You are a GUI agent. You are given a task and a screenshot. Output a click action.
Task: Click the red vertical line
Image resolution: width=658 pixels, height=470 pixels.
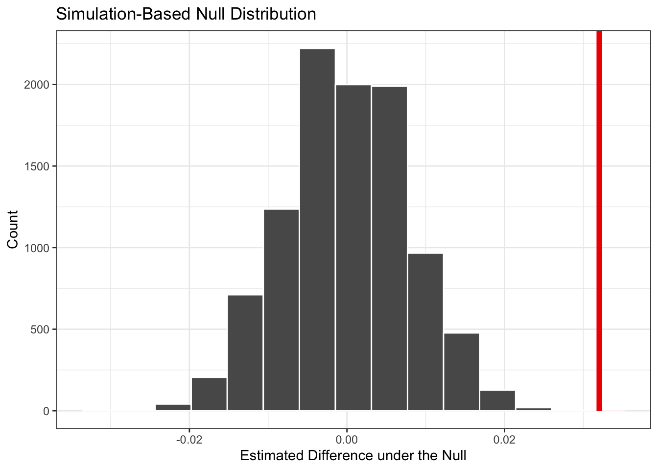(x=599, y=220)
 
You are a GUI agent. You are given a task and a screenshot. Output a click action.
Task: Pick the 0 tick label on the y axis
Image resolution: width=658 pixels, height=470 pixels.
(x=47, y=411)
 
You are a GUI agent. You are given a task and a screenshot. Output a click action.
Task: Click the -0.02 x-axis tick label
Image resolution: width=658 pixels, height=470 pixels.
(x=189, y=439)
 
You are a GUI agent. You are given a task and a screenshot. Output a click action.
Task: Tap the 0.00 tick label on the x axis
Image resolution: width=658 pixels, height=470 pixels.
(x=347, y=439)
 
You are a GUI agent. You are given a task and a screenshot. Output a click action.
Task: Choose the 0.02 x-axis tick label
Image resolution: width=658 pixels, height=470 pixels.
(x=504, y=439)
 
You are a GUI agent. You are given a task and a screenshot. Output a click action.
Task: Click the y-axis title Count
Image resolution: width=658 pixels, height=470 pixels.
(x=13, y=229)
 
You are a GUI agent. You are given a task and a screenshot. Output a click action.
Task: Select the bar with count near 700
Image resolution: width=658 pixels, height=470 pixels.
(x=245, y=352)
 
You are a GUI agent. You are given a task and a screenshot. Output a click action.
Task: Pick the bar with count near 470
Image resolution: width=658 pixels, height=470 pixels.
(x=462, y=372)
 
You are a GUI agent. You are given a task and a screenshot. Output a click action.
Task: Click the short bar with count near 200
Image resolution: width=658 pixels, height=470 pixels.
(x=209, y=394)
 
